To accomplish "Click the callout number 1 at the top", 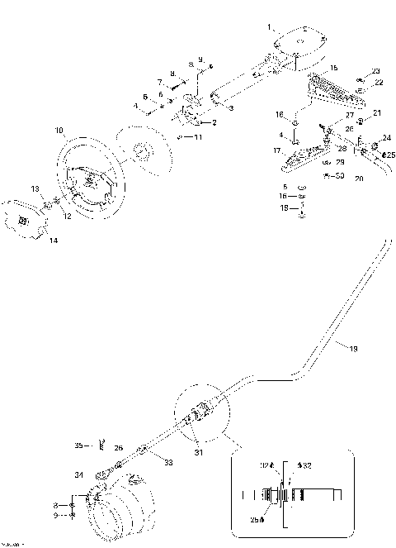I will point(269,27).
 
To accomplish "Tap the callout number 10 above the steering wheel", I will point(59,131).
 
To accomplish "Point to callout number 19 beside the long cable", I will point(353,350).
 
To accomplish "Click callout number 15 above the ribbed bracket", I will point(333,66).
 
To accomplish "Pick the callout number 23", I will point(376,71).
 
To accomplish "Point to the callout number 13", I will point(35,189).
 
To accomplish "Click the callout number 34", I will point(78,475).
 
